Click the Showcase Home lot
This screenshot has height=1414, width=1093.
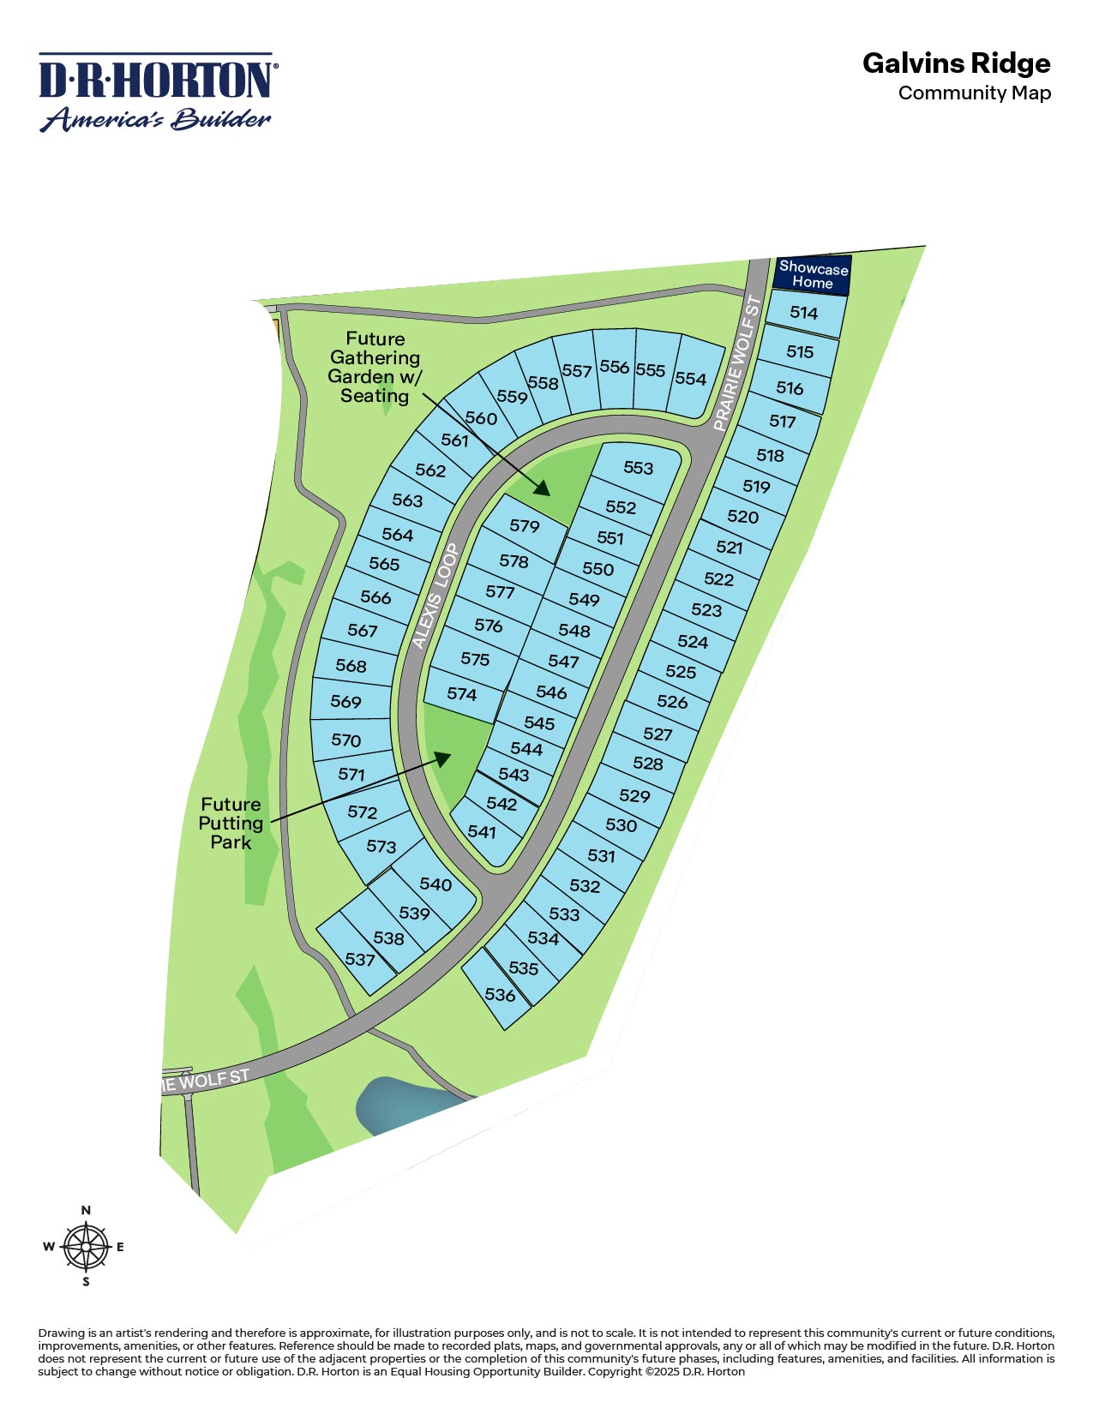point(813,275)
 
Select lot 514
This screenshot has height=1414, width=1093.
point(804,313)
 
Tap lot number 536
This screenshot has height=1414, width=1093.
point(500,995)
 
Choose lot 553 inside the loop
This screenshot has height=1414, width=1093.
point(638,468)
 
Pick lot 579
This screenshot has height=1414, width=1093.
point(524,525)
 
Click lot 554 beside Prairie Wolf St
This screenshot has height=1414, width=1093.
point(690,379)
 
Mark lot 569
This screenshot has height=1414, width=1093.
point(346,702)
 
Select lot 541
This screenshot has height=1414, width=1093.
point(482,832)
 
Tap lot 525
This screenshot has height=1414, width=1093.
point(681,672)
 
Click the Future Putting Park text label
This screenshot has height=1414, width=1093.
point(231,824)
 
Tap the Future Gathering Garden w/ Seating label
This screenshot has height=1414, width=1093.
point(375,367)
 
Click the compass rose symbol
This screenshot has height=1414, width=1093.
point(86,1247)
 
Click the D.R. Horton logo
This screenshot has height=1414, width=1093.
point(156,93)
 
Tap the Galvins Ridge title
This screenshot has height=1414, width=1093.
point(956,63)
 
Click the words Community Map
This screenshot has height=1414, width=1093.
point(974,93)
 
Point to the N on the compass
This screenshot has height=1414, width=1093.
point(86,1211)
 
